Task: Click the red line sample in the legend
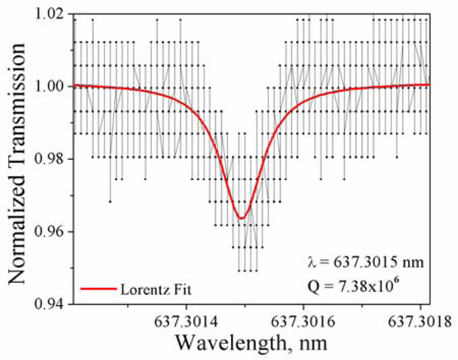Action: pyautogui.click(x=98, y=289)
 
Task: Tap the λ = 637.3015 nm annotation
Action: pyautogui.click(x=361, y=262)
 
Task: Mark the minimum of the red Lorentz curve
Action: pyautogui.click(x=242, y=218)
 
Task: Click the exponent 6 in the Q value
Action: pyautogui.click(x=395, y=280)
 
